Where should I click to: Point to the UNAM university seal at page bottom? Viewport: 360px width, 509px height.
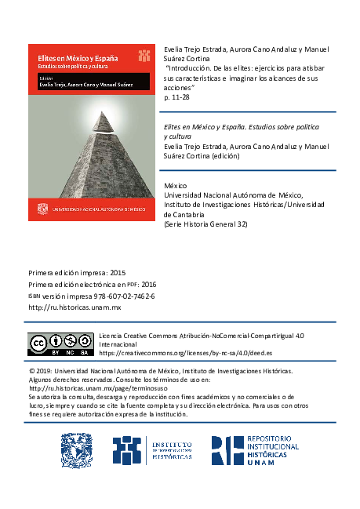tap(77, 451)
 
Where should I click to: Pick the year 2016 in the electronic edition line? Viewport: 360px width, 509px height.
tap(148, 285)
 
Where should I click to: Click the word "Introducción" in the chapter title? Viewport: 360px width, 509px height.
tap(193, 68)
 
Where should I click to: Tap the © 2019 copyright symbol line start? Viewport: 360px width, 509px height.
tap(31, 370)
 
